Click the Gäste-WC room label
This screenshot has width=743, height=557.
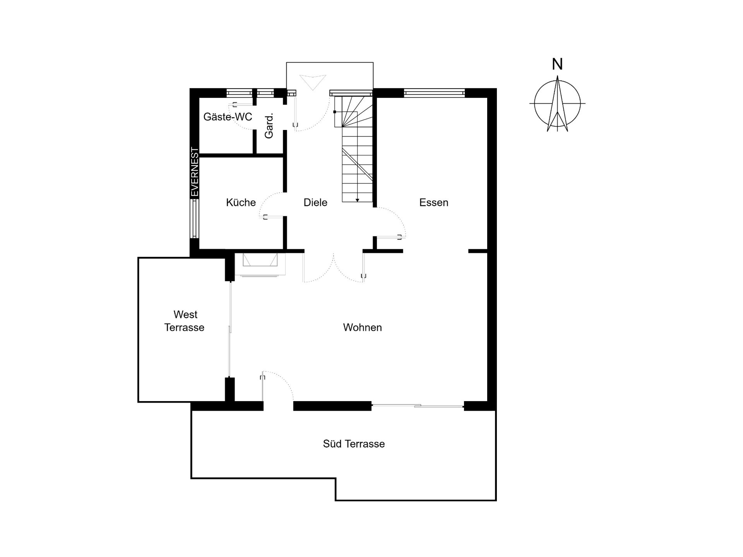click(228, 117)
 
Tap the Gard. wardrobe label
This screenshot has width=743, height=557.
click(269, 126)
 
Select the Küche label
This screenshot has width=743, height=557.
click(241, 202)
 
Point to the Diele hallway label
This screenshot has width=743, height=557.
click(315, 202)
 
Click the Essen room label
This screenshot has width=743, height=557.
click(434, 202)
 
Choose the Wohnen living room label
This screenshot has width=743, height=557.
click(362, 327)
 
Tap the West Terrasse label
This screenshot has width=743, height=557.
click(184, 321)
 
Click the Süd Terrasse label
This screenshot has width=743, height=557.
click(354, 444)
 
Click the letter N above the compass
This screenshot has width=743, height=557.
click(557, 64)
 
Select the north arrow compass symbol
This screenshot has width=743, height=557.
click(557, 104)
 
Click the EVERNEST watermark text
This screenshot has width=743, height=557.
click(195, 172)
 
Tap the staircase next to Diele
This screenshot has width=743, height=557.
click(354, 149)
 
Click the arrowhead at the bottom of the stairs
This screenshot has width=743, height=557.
click(358, 200)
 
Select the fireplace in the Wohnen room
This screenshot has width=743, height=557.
click(260, 265)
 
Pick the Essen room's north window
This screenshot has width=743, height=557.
click(434, 92)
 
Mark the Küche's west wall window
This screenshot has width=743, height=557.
click(195, 218)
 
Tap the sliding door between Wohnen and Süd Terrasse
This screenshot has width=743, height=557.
click(418, 405)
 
